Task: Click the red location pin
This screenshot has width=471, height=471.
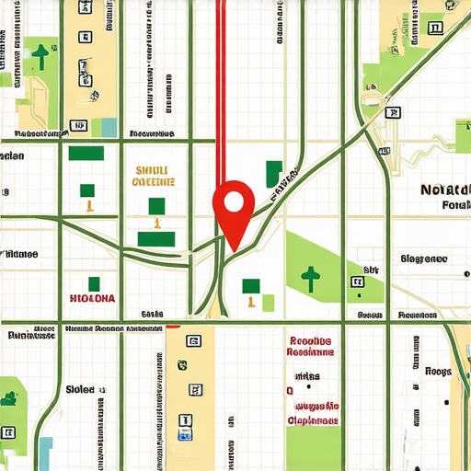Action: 234,204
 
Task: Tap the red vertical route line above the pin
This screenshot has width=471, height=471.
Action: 220,92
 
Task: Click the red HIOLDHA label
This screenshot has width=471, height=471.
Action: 93,299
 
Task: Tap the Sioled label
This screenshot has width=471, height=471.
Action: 80,390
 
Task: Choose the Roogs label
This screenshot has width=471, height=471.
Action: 438,373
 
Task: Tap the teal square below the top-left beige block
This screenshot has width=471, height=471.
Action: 109,127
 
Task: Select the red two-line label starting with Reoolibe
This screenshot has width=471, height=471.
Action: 311,345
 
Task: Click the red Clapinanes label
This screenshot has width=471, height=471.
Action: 312,419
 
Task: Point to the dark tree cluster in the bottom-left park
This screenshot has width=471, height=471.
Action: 9,398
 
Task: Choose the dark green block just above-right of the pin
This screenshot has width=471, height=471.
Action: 273,171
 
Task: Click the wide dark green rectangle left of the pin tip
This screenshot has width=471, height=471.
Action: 156,239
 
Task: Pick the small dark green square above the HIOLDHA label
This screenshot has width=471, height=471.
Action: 92,282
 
